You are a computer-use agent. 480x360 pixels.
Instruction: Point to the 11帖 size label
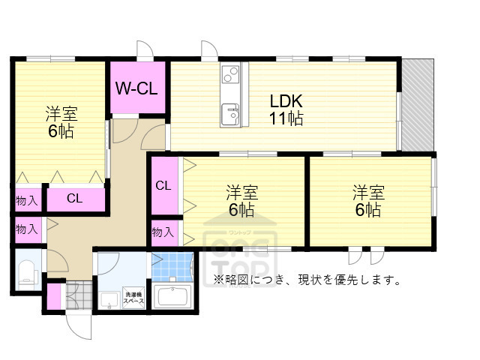point(286,118)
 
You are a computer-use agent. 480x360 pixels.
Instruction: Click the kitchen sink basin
point(229,115)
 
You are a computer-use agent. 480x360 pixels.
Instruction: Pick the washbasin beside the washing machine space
point(108,299)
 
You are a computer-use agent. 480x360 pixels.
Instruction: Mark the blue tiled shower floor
point(172,265)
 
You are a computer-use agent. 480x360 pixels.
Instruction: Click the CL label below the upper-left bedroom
point(75,199)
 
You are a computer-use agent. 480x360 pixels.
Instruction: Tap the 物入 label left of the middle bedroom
point(163,232)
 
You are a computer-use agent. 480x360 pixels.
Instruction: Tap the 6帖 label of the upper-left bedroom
point(61,131)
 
